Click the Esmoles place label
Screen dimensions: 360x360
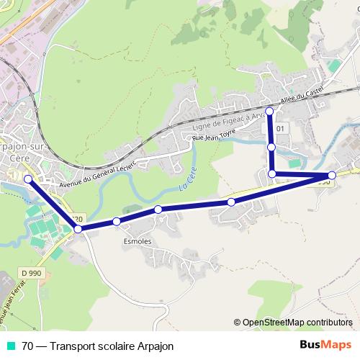(x=138, y=241)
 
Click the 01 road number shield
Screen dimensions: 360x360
(x=281, y=129)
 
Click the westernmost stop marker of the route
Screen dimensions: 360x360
(x=28, y=179)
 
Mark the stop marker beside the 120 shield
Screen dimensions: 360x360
(x=78, y=229)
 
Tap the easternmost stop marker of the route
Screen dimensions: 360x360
(x=332, y=175)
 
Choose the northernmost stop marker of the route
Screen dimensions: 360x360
(x=270, y=111)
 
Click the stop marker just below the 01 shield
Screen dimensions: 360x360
(x=272, y=147)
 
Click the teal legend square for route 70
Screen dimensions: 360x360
(x=11, y=346)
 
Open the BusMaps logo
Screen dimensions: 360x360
(x=325, y=345)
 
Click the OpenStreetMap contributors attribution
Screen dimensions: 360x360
(x=297, y=323)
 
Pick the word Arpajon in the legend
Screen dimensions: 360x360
(x=153, y=346)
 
